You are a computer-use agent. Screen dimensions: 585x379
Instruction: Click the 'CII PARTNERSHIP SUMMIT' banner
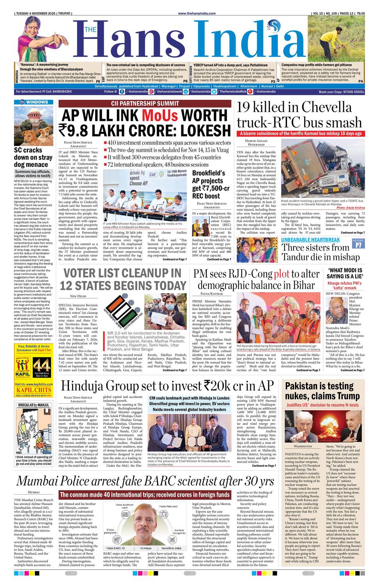click(x=145, y=103)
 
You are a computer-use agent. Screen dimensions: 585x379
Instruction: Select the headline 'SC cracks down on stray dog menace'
click(x=33, y=158)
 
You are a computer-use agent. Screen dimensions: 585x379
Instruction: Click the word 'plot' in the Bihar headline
click(x=281, y=274)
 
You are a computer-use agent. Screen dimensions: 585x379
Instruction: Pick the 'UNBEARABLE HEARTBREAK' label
click(x=310, y=239)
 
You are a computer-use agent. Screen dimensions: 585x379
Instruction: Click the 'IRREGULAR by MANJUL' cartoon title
click(x=34, y=405)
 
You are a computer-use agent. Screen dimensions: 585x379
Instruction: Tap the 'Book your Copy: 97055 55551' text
click(x=341, y=92)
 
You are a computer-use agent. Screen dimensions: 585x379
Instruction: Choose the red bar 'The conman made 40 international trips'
click(x=145, y=495)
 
